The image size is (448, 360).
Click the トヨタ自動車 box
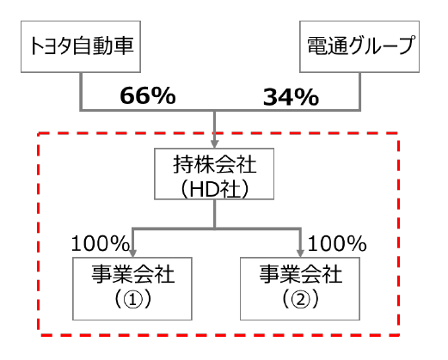click(x=81, y=46)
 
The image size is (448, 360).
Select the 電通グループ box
click(x=359, y=46)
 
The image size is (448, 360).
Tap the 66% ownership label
click(x=148, y=95)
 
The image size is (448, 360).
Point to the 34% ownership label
click(x=291, y=97)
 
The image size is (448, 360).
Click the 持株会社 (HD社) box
click(x=214, y=174)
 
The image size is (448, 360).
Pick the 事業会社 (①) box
click(x=132, y=289)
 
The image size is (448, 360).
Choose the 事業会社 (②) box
click(x=300, y=289)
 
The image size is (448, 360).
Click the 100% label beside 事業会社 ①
click(x=100, y=244)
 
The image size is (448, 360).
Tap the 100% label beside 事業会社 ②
click(x=337, y=244)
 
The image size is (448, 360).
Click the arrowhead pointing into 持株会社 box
click(x=215, y=143)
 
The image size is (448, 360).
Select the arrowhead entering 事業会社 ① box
click(x=132, y=253)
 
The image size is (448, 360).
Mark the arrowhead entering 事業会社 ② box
click(x=300, y=253)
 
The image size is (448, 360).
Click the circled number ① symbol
click(x=132, y=300)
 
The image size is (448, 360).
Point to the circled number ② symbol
click(x=300, y=300)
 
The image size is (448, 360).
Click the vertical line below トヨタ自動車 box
click(x=81, y=91)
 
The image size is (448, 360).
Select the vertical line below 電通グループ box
click(x=359, y=91)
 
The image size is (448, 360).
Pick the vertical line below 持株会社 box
click(x=215, y=214)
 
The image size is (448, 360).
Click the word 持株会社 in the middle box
click(x=214, y=164)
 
